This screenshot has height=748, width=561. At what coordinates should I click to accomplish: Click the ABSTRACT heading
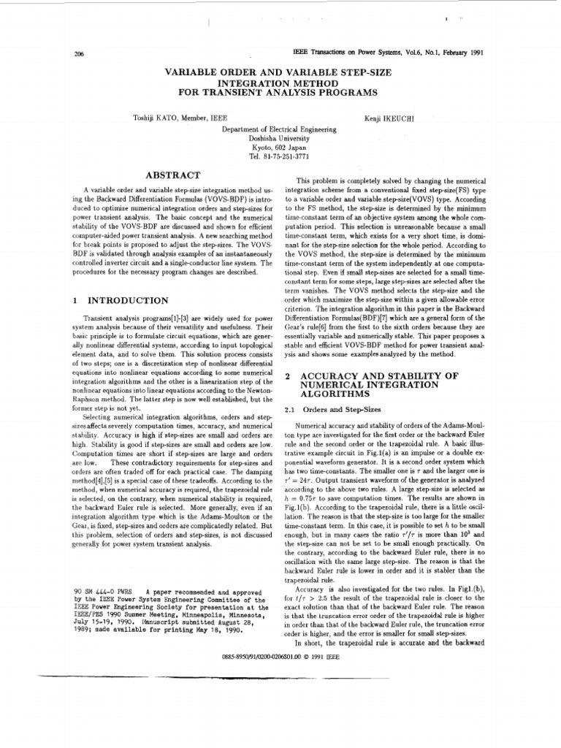tap(172, 175)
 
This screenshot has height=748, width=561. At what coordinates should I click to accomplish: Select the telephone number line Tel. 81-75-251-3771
tap(280, 156)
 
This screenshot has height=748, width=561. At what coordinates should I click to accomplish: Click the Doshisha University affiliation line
tap(280, 137)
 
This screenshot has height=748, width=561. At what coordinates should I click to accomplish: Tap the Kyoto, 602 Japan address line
tap(280, 146)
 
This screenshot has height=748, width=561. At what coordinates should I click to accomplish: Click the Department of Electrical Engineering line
tap(280, 129)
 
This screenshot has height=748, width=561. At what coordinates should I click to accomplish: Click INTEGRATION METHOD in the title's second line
tap(280, 83)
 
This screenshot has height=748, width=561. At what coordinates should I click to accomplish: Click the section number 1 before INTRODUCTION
tap(76, 300)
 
